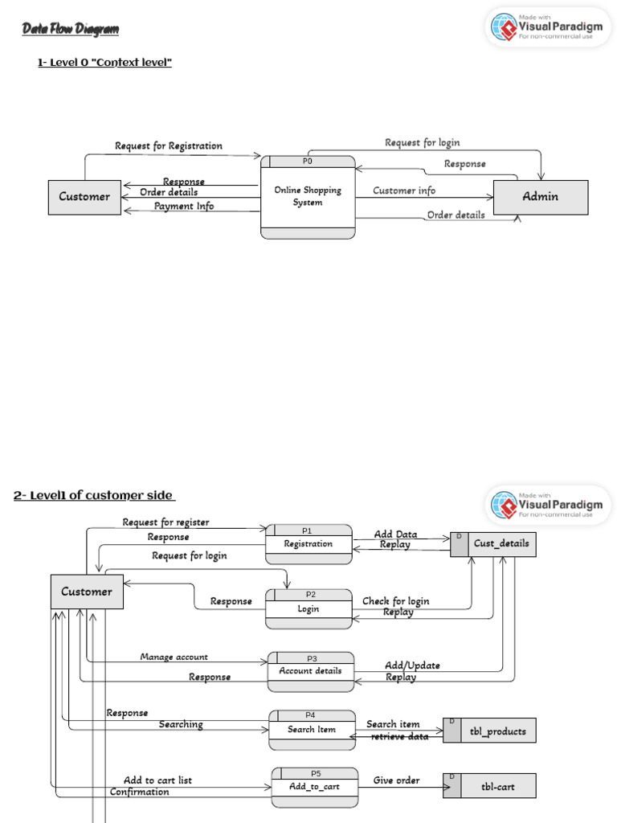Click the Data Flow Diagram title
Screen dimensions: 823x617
[70, 30]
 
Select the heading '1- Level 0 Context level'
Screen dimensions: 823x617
[104, 63]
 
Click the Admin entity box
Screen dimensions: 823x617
[541, 197]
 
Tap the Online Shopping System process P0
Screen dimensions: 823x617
[308, 197]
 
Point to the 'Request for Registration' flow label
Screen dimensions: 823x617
[169, 146]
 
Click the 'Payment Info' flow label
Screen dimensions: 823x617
[184, 207]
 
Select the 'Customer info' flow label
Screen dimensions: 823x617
[404, 191]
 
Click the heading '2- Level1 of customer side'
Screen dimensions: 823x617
[94, 495]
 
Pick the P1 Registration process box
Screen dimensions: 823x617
[308, 544]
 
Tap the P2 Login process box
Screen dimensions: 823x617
[308, 608]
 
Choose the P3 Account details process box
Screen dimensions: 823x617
[310, 671]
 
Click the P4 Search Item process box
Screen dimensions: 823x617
[313, 729]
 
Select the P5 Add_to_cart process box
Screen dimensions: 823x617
[314, 786]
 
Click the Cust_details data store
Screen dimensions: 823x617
[492, 544]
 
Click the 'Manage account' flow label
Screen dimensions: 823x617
[174, 657]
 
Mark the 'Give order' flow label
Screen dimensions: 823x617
[396, 780]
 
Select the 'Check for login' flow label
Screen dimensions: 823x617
[395, 601]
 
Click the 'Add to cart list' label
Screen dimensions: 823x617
[157, 780]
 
